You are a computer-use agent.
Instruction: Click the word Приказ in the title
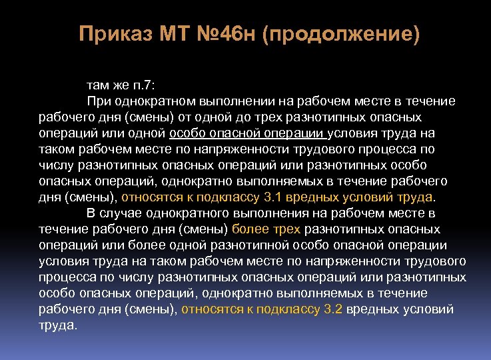coord(115,33)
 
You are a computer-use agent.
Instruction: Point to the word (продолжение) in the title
coord(342,33)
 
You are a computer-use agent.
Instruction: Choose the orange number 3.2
coord(331,309)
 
